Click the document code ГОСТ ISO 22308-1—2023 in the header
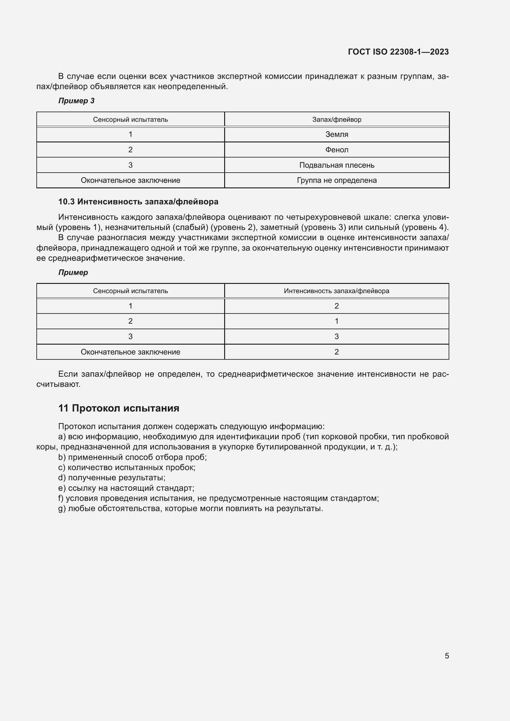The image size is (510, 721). pyautogui.click(x=398, y=52)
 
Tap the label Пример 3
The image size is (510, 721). pyautogui.click(x=76, y=101)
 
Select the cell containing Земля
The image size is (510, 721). pyautogui.click(x=337, y=134)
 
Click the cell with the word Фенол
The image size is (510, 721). pyautogui.click(x=337, y=150)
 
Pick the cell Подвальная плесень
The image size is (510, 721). pyautogui.click(x=337, y=165)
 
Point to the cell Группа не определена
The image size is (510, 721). pyautogui.click(x=337, y=180)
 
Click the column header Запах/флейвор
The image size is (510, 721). pyautogui.click(x=337, y=120)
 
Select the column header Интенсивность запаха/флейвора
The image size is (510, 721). pyautogui.click(x=336, y=291)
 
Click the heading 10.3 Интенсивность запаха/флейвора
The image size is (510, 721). pyautogui.click(x=138, y=202)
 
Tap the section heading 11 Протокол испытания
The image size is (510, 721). pyautogui.click(x=119, y=408)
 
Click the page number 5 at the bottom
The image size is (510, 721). pyautogui.click(x=446, y=656)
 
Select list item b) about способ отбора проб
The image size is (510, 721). pyautogui.click(x=132, y=457)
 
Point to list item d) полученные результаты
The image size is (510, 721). pyautogui.click(x=112, y=477)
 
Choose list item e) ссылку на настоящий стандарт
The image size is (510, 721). pyautogui.click(x=126, y=488)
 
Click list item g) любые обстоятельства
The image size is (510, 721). pyautogui.click(x=190, y=508)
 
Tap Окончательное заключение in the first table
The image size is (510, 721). pyautogui.click(x=130, y=180)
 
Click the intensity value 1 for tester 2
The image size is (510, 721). pyautogui.click(x=337, y=321)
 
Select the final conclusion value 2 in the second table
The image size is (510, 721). pyautogui.click(x=337, y=352)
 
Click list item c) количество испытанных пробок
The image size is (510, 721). pyautogui.click(x=126, y=467)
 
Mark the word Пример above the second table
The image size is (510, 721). pyautogui.click(x=73, y=272)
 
